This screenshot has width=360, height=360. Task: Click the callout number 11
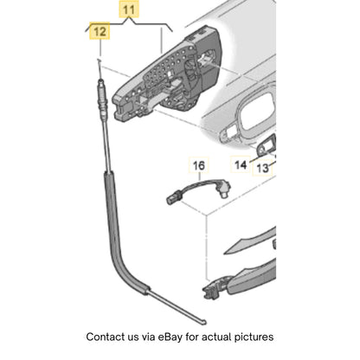tap(129, 10)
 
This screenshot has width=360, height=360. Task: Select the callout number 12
tap(100, 31)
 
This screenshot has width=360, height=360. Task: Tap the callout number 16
tap(199, 165)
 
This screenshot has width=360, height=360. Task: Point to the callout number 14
tap(241, 165)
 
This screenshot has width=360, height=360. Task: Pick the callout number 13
tap(262, 168)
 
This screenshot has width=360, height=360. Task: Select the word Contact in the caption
tap(105, 337)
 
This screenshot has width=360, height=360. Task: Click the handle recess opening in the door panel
tap(257, 112)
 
